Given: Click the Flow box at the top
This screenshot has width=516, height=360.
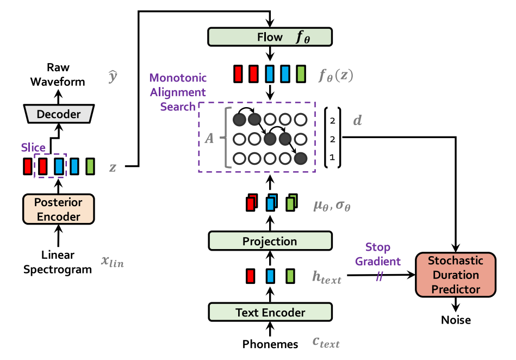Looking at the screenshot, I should [x=270, y=37].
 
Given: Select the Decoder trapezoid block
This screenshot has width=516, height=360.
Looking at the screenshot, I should [x=58, y=114].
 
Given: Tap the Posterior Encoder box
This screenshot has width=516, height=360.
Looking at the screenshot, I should [x=58, y=209].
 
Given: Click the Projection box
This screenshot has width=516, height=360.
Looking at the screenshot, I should [x=270, y=241].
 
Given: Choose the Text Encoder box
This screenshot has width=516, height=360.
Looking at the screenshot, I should [x=270, y=312].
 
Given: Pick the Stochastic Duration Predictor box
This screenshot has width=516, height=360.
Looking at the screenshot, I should [x=456, y=275].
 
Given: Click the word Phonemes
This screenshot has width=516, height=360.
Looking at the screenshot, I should [x=270, y=344].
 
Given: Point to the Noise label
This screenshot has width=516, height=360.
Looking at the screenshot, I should [x=456, y=320].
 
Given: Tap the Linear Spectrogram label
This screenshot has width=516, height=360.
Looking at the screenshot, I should [x=58, y=262].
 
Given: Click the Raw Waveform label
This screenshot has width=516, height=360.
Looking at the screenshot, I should [x=58, y=75].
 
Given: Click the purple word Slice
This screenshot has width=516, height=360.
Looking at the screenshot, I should [x=33, y=147].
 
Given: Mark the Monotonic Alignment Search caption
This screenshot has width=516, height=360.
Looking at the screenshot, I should [x=178, y=92].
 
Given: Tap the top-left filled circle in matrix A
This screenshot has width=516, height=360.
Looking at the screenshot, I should [x=239, y=119].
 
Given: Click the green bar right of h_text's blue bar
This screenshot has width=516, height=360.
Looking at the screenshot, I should [x=290, y=276].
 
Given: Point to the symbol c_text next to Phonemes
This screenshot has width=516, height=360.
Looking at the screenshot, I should [x=326, y=343].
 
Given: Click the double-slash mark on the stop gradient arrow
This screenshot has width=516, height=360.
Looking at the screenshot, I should [x=379, y=276].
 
